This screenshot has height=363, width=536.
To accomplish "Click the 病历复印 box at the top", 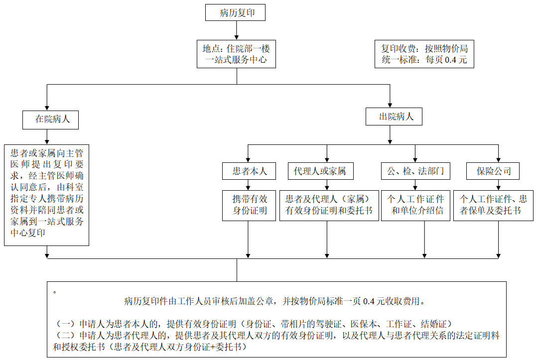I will point(235,13).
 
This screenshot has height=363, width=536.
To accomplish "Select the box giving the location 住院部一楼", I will point(237,54).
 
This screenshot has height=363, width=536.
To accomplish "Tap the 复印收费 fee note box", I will point(424,54).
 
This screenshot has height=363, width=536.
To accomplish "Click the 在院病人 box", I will point(50,120).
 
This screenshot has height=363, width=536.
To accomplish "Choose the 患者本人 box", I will point(249,171).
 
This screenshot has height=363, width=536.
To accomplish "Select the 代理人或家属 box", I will point(320,171).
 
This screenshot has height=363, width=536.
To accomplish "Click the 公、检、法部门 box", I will point(416,171).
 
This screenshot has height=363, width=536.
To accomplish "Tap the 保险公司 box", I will point(493,171).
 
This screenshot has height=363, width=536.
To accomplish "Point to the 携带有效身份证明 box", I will point(249,205).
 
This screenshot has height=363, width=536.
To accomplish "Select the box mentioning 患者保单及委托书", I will point(493,205).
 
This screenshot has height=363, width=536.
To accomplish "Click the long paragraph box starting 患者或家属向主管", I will point(47,195).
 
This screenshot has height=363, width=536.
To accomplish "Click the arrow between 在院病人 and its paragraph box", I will point(47,136).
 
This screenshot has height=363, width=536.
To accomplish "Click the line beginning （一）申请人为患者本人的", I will point(254,323).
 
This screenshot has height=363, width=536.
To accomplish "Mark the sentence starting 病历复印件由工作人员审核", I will point(274,301).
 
